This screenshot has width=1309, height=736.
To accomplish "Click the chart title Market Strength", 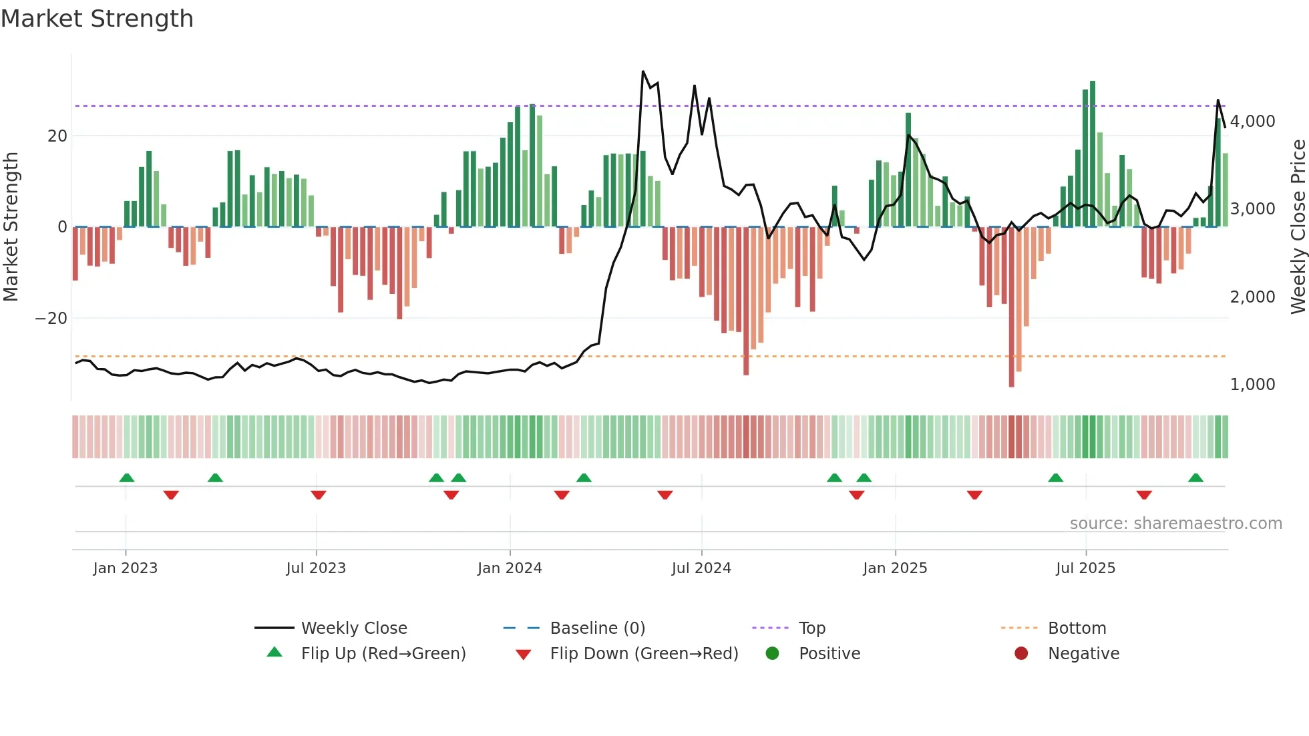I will pos(97,19).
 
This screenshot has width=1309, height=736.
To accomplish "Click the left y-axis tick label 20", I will pos(57,136).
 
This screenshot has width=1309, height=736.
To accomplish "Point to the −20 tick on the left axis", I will pos(51,319).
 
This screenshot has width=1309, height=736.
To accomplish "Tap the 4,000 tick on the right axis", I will pos(1252,122).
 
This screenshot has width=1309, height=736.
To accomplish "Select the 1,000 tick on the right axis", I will pos(1252,385).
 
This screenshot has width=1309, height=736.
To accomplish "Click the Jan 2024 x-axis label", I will pos(510,568).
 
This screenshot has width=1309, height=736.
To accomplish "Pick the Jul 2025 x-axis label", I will pos(1085,568).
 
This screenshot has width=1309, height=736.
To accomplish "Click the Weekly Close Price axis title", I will pos(1298,227).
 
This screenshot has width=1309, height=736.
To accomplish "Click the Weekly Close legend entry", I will pos(353,628).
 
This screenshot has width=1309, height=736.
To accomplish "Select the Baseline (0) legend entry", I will pos(597,628).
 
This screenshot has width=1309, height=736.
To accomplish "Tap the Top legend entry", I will pos(811,628).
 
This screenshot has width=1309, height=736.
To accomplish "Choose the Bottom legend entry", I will pos(1077,628).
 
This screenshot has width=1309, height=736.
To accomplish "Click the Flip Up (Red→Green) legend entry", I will pos(383,654).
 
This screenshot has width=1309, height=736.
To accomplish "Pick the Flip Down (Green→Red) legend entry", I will pos(643,654).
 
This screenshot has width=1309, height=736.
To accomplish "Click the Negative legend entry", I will pos(1083,654).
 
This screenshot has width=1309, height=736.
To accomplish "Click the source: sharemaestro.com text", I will pos(1175,524).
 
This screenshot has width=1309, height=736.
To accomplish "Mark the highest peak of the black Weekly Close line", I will pos(643,71).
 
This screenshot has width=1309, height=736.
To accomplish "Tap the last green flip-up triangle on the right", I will pos(1195,478).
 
